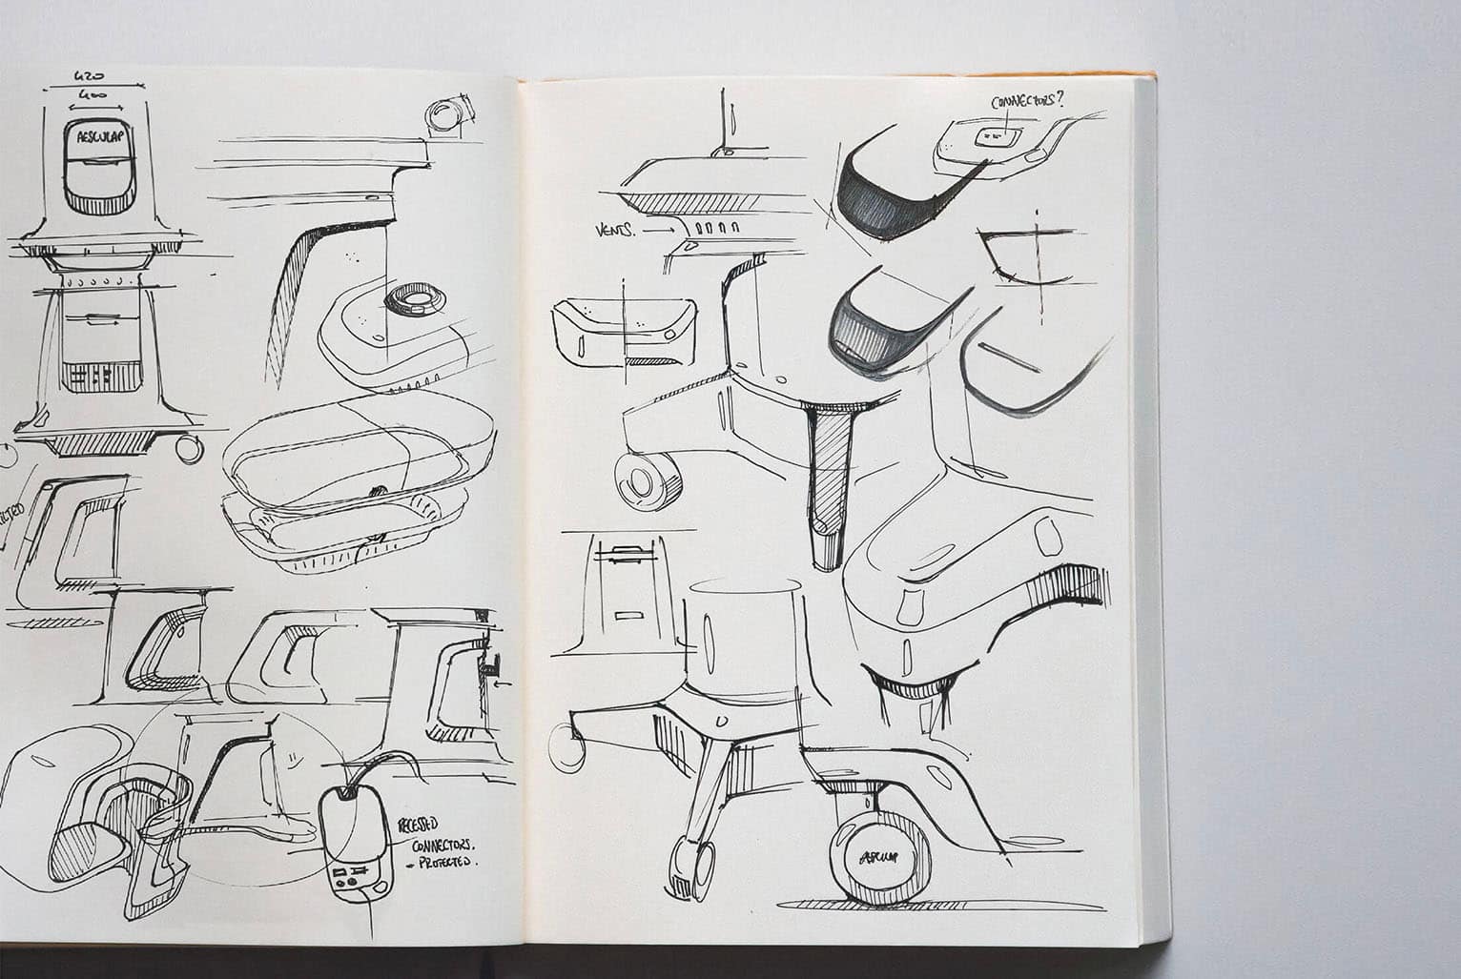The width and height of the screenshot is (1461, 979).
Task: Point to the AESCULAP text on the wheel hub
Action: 875,855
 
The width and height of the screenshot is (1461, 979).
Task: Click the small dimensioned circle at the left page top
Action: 445,116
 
